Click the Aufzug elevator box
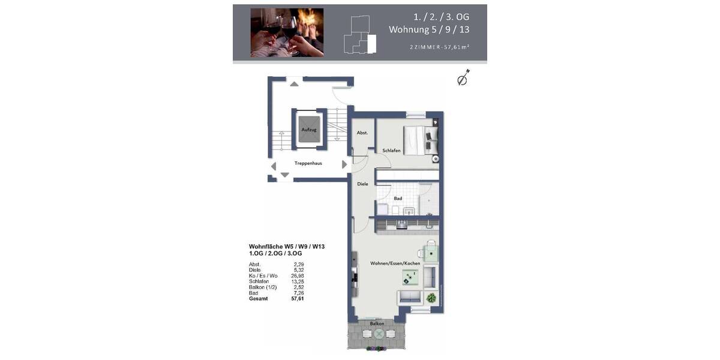tap(309, 130)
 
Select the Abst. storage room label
tap(362, 133)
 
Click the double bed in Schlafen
tap(418, 140)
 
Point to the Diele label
tap(362, 184)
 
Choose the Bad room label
tap(398, 198)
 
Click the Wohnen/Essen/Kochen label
tap(395, 263)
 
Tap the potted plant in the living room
tap(431, 298)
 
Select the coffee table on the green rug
tap(410, 277)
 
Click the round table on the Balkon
tap(379, 334)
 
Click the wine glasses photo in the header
tap(287, 32)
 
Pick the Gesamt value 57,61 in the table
tap(298, 298)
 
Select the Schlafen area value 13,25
tap(298, 281)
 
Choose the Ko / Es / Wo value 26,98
tap(298, 275)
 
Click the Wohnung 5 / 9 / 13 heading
tap(428, 29)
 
